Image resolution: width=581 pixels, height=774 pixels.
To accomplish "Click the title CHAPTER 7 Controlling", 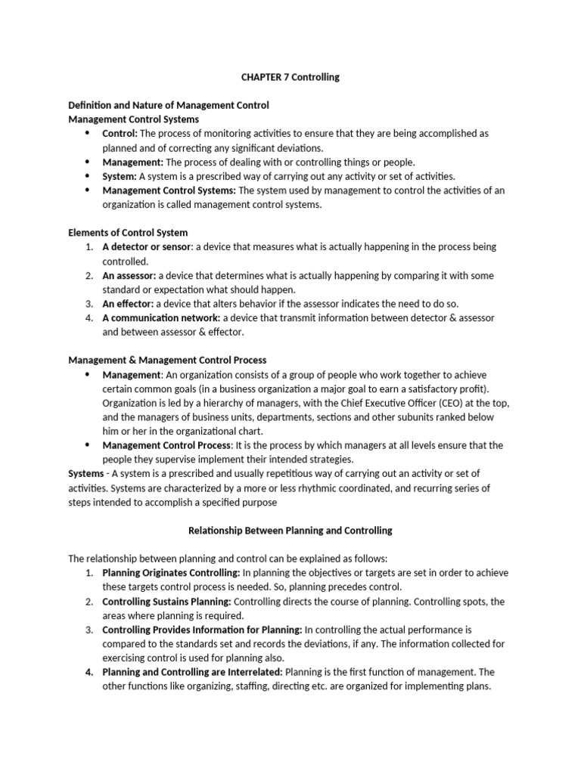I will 290,77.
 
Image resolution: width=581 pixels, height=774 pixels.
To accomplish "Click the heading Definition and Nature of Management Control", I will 169,105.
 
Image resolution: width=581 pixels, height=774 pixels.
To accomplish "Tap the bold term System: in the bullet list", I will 120,176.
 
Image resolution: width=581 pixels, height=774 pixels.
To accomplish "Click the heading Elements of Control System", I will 128,233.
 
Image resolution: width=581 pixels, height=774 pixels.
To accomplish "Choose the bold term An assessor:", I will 129,275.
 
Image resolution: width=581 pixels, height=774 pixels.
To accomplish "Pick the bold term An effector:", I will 127,303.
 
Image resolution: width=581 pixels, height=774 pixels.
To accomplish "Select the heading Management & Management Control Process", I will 167,361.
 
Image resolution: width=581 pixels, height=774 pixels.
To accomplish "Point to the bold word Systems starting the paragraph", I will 85,474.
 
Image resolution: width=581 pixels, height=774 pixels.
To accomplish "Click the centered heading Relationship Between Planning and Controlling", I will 290,531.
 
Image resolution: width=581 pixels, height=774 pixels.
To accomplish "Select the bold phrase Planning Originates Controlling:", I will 171,573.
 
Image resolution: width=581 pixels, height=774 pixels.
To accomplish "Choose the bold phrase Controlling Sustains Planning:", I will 166,602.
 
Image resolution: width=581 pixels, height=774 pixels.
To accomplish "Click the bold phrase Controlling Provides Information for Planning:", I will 202,630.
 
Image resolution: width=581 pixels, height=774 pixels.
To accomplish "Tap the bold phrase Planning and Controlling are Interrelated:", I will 193,672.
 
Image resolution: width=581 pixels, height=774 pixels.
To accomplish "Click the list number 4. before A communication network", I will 89,317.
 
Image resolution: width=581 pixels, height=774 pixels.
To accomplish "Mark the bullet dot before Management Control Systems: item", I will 87,190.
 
